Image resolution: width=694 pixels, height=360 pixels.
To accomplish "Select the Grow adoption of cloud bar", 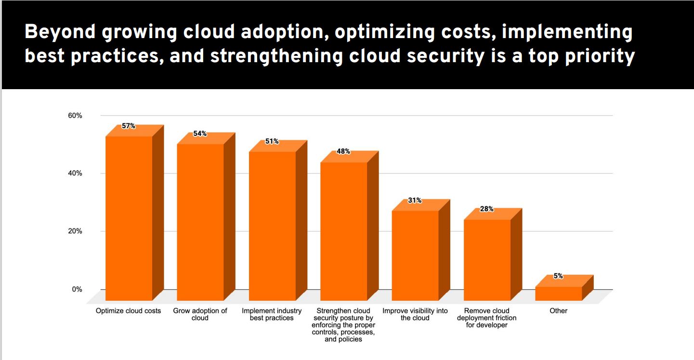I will (x=200, y=222).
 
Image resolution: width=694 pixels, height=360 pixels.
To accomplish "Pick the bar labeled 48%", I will (x=343, y=231).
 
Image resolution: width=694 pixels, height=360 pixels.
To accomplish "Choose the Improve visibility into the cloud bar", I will (x=415, y=255).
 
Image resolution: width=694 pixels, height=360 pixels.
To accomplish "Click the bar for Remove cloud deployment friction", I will (x=487, y=260).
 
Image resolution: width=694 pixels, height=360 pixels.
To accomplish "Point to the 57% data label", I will (x=129, y=126).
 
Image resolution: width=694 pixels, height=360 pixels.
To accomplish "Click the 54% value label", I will (x=200, y=133).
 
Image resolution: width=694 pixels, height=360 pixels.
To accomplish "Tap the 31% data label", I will (x=415, y=200).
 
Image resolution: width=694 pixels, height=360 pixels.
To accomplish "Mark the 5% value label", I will (x=558, y=276).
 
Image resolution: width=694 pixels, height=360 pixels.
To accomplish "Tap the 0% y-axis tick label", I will (x=77, y=289).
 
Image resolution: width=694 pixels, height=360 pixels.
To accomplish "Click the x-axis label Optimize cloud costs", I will (x=129, y=311).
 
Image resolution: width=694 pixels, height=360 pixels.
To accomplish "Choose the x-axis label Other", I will (x=559, y=311).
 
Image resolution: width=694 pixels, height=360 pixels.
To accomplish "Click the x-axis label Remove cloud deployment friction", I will (x=487, y=318).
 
